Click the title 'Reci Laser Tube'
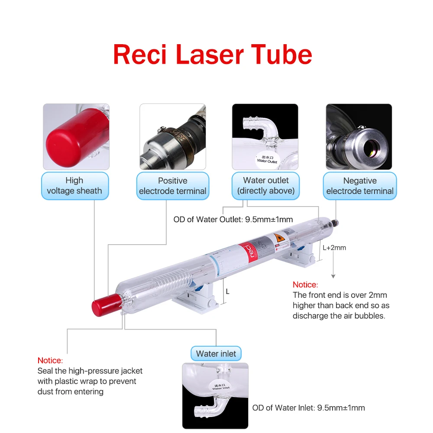(x=212, y=55)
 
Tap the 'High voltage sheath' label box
(x=74, y=186)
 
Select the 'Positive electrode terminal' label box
(x=173, y=186)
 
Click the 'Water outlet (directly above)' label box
(x=265, y=186)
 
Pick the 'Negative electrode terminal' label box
(x=360, y=186)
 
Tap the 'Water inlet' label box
(x=216, y=354)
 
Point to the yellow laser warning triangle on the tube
(x=278, y=239)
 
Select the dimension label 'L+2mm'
(x=334, y=248)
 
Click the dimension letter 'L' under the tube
(x=228, y=292)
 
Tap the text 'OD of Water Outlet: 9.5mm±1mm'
(x=233, y=220)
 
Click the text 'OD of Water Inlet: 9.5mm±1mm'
(x=309, y=408)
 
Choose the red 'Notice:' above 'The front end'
(x=305, y=285)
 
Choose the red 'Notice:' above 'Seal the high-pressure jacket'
(x=50, y=361)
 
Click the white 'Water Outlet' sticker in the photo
(x=267, y=158)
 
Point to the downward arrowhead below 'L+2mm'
(x=333, y=275)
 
